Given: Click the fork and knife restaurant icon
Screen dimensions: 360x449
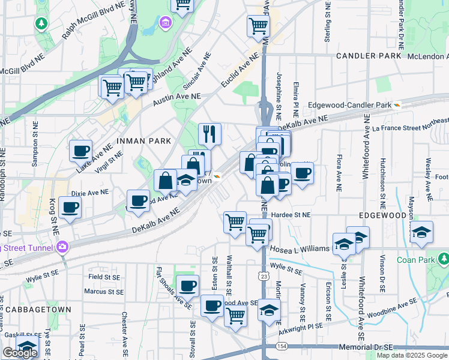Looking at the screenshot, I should pyautogui.click(x=209, y=134).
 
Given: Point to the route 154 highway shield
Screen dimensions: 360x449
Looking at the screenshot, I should pyautogui.click(x=282, y=347).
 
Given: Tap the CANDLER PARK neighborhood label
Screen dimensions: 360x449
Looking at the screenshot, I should pyautogui.click(x=368, y=56).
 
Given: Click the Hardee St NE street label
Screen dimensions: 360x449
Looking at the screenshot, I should pyautogui.click(x=291, y=214).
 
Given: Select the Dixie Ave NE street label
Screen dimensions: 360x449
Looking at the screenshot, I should pyautogui.click(x=90, y=193).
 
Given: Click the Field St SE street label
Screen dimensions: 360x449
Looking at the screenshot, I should pyautogui.click(x=104, y=277).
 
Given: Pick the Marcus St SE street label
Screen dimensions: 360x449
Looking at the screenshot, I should pyautogui.click(x=104, y=292).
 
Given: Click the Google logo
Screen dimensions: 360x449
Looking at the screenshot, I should pyautogui.click(x=20, y=353).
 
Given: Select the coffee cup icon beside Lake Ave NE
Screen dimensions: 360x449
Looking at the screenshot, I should pyautogui.click(x=80, y=151).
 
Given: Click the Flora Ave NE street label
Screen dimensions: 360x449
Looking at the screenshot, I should pyautogui.click(x=339, y=173).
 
